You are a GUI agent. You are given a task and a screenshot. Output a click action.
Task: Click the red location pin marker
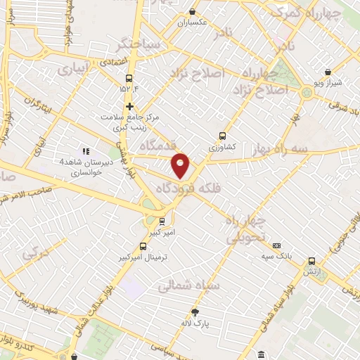[x=181, y=165]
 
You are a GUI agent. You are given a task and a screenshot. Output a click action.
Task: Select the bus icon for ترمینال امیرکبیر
[x=143, y=246]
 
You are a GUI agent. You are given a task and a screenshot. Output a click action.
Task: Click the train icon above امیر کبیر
[x=162, y=220]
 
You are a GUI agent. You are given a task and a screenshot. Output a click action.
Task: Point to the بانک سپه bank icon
[x=277, y=245]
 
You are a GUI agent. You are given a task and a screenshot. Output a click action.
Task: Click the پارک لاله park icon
[x=195, y=312]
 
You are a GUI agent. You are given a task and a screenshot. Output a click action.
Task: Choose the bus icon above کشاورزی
[x=223, y=136]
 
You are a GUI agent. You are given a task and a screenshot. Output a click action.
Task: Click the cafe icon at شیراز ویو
[x=328, y=71]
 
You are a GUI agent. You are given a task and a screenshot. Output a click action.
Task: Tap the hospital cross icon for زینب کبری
[x=129, y=105]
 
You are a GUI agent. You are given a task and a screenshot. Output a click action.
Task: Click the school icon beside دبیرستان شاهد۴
[x=86, y=150]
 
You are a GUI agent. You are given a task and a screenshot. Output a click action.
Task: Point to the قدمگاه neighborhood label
[x=158, y=145]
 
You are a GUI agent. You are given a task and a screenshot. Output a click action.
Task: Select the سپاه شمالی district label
[x=188, y=286]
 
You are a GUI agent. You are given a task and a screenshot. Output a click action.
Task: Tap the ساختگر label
[x=140, y=44]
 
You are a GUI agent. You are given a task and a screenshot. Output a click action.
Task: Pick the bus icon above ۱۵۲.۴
[x=128, y=79]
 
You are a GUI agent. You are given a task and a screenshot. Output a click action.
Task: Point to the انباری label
[x=73, y=70]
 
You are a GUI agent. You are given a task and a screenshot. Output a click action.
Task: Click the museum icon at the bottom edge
[x=261, y=354]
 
